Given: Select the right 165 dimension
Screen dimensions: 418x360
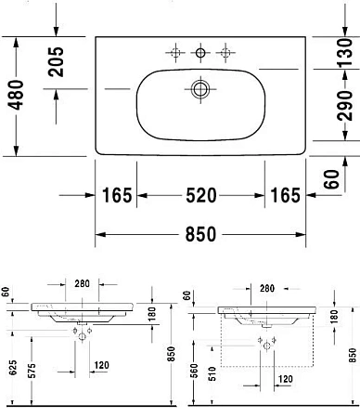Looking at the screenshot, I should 284,195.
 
